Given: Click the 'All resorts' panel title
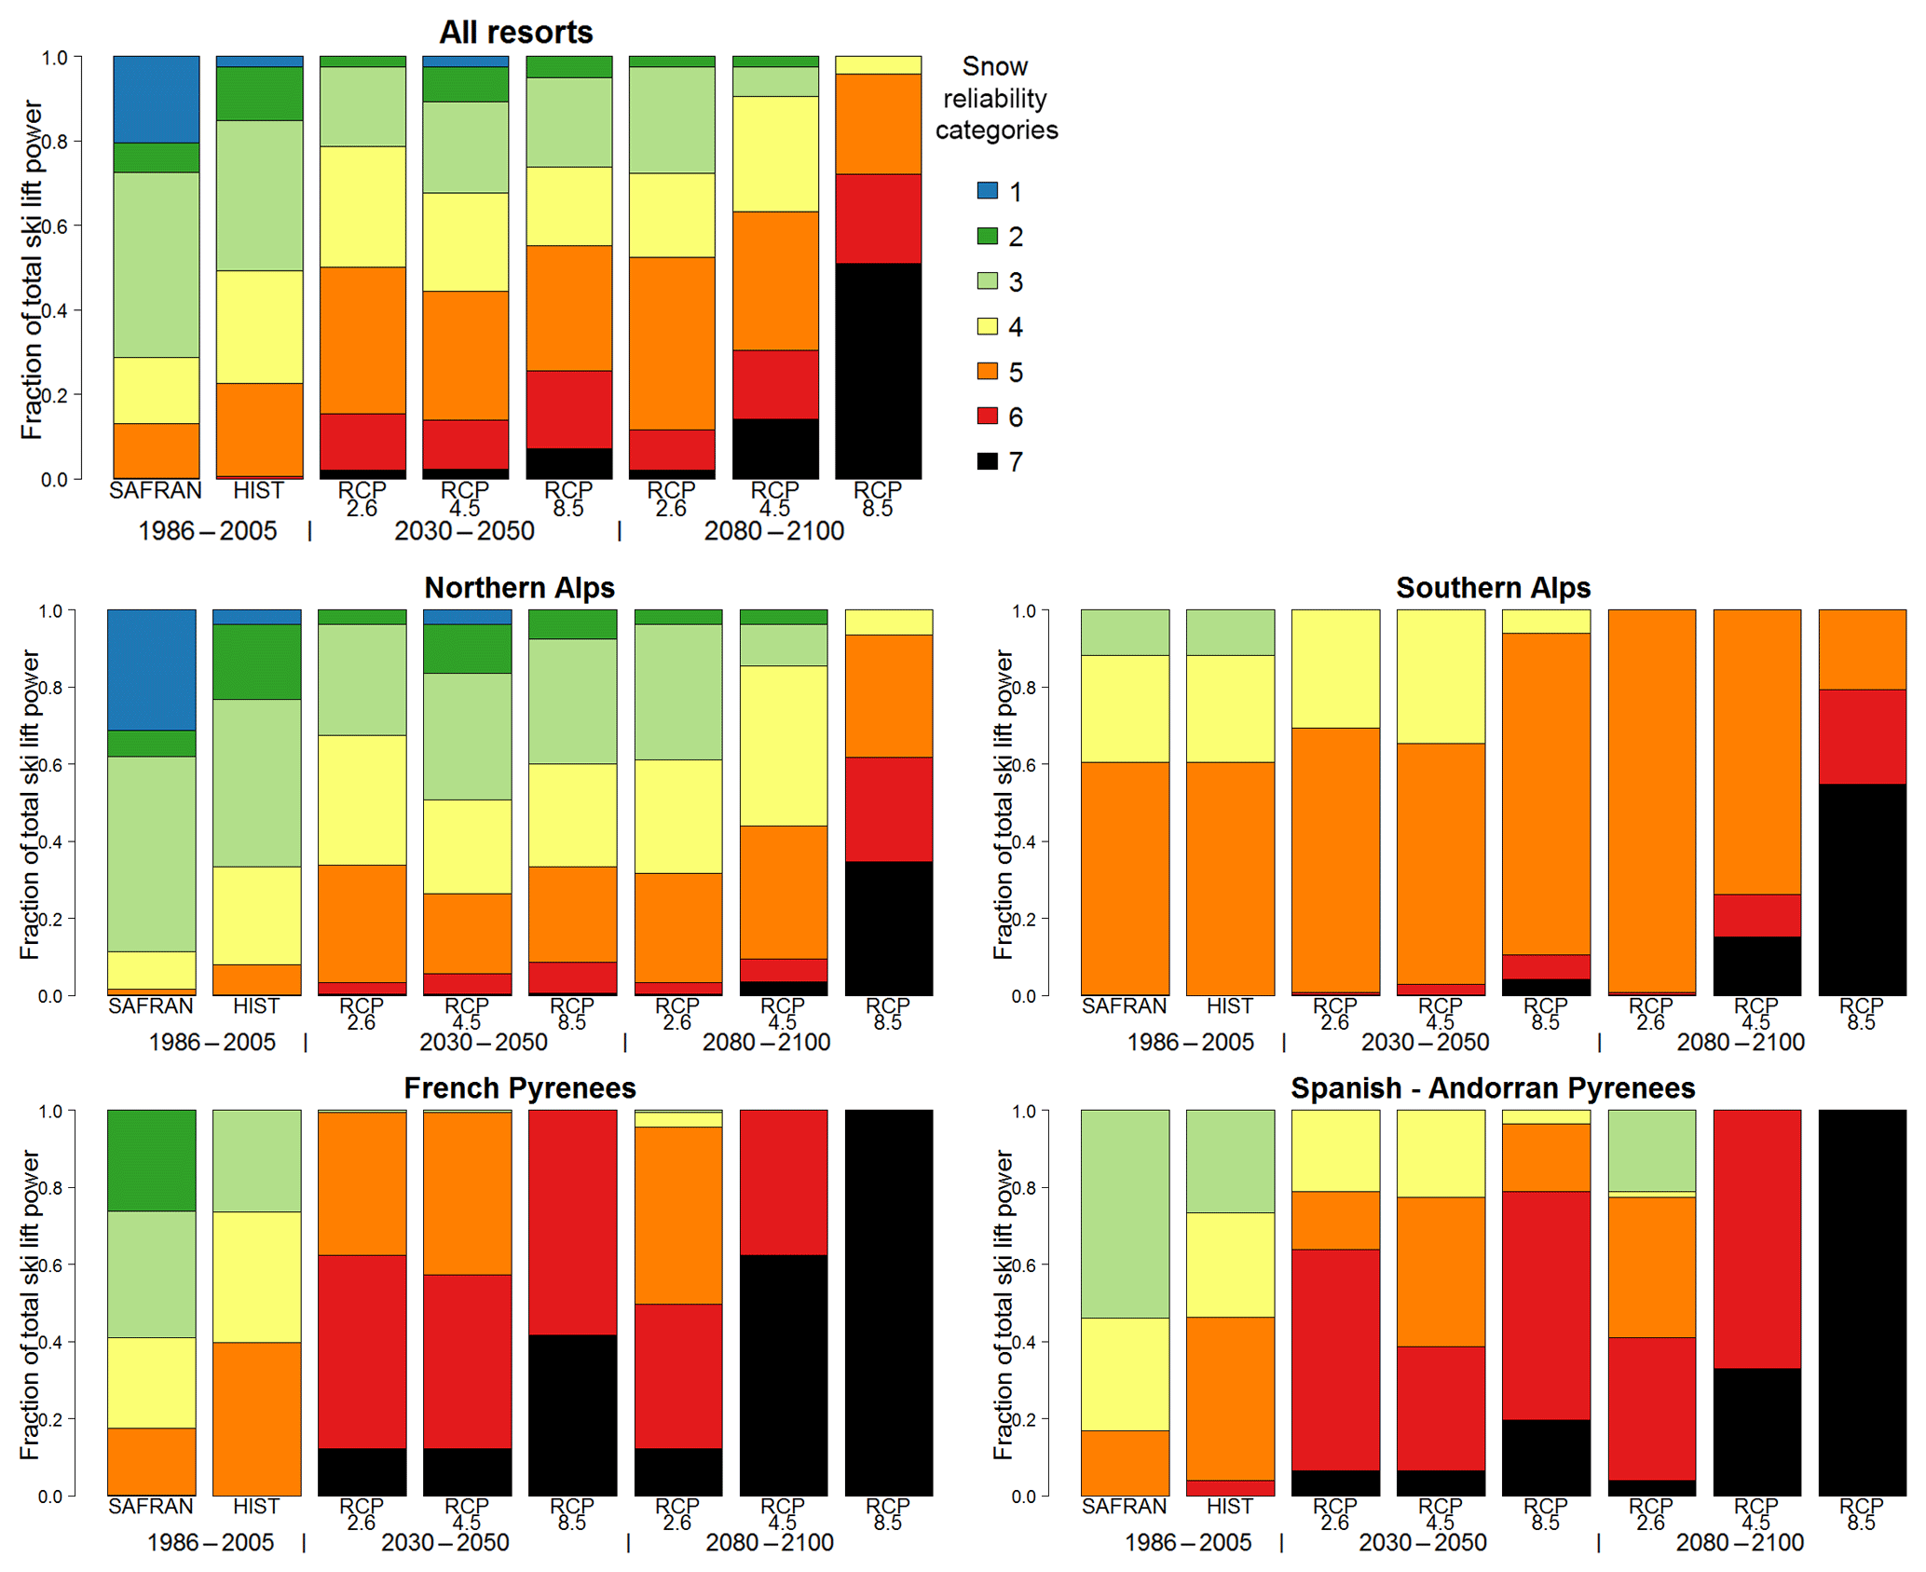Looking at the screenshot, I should [516, 33].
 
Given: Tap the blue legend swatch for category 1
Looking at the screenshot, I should [987, 191].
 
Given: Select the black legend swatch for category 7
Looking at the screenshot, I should [987, 461].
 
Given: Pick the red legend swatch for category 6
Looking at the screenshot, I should [987, 416].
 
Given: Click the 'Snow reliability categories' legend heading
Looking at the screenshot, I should [995, 98].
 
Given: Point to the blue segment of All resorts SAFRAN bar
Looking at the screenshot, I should [157, 99].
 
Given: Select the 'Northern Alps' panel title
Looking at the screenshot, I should [519, 588].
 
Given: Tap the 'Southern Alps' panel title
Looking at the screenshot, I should [1493, 588].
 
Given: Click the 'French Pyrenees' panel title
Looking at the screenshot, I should [519, 1088].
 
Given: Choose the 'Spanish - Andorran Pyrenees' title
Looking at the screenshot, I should [1492, 1088].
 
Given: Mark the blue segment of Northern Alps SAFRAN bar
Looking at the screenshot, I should [151, 669].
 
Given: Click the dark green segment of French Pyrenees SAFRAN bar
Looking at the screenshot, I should [151, 1160].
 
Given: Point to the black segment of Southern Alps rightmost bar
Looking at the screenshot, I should [1862, 889].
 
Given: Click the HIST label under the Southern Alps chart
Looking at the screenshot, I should [1229, 1006].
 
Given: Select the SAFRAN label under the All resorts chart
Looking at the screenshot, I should [156, 491].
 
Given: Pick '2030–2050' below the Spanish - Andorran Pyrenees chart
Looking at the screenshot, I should [1423, 1543].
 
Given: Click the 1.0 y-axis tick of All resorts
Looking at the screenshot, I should [55, 58].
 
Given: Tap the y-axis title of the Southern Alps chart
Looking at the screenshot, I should [1003, 804].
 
